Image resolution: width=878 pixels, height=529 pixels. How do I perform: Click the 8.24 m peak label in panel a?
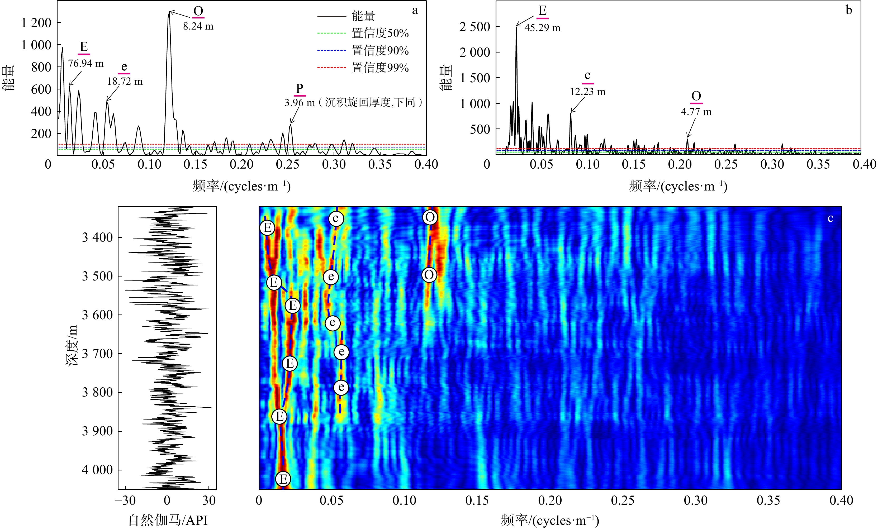click(198, 26)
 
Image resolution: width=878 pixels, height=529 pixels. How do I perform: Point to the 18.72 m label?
click(125, 82)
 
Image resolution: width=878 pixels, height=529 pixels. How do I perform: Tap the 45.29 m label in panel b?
click(542, 28)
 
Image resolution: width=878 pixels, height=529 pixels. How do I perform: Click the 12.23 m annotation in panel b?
click(588, 92)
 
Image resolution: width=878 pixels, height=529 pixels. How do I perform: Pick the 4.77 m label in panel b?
click(696, 112)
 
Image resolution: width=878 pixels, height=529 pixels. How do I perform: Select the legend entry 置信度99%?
click(380, 68)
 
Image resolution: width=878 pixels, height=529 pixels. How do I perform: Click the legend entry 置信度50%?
click(380, 34)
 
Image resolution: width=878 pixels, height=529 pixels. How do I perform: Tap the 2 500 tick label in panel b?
click(475, 27)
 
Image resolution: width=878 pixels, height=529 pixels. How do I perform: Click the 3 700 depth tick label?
click(98, 354)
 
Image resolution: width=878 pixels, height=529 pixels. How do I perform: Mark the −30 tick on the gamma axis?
click(125, 501)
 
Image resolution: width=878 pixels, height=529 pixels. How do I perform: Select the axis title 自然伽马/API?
click(168, 521)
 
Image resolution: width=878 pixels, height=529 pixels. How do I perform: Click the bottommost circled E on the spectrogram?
click(283, 479)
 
